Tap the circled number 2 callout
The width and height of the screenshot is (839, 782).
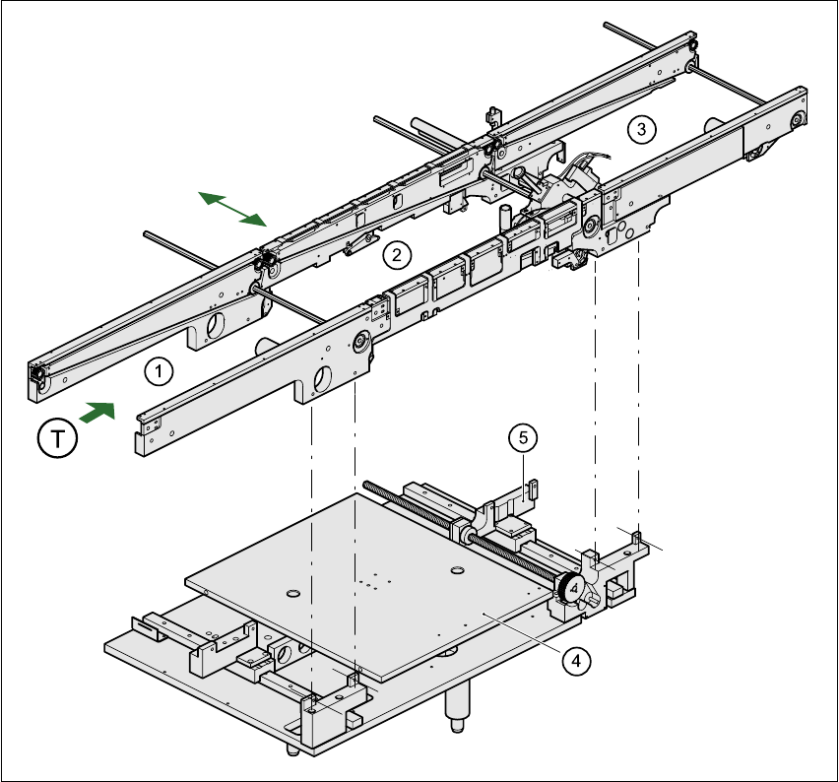pos(396,255)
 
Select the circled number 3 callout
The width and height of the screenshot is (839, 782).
pos(641,128)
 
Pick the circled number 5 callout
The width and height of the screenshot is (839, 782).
pos(522,436)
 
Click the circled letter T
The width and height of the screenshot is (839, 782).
pos(57,437)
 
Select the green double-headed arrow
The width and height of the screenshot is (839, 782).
pos(232,208)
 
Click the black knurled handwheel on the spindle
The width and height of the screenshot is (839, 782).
pos(570,589)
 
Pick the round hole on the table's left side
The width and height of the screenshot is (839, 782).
pos(291,593)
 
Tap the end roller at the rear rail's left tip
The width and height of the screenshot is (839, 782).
pos(36,375)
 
